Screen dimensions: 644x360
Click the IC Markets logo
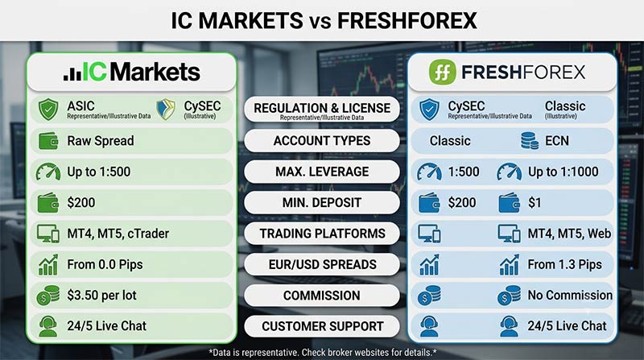132,72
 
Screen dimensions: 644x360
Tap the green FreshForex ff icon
442,72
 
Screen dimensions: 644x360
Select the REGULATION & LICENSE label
322,108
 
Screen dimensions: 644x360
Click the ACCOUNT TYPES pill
322,141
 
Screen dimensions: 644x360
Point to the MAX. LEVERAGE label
322,172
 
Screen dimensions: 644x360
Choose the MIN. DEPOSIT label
322,203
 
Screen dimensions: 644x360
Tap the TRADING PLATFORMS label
322,234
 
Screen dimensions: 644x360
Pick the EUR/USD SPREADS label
322,264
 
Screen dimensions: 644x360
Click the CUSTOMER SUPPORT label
322,326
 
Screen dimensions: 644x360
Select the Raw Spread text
101,141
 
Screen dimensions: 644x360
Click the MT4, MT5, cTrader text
118,234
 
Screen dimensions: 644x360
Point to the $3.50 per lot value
102,295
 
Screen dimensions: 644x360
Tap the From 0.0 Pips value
105,264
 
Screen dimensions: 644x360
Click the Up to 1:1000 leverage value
563,172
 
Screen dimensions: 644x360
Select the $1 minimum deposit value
535,203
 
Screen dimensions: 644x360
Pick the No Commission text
570,295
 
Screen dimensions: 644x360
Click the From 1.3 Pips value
565,264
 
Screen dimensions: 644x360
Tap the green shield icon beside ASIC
48,110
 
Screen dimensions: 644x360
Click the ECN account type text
557,141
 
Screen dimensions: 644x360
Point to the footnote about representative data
323,352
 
